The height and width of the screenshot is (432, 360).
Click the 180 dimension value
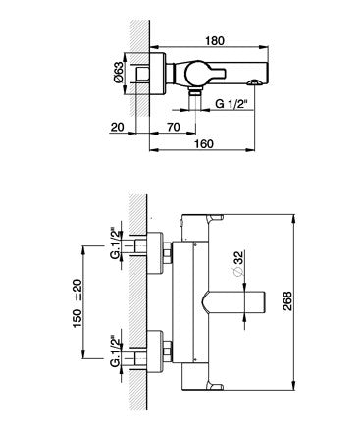pos(215,41)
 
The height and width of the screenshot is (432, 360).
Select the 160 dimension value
pos(204,143)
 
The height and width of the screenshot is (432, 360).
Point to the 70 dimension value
pos(173,127)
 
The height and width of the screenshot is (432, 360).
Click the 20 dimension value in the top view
pos(117,127)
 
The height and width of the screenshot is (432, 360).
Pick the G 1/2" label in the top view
pos(231,104)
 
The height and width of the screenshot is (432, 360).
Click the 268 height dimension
pos(286,301)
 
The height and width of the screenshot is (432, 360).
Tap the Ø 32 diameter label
pos(238,263)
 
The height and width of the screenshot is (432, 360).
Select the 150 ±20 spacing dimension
pos(77,303)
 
